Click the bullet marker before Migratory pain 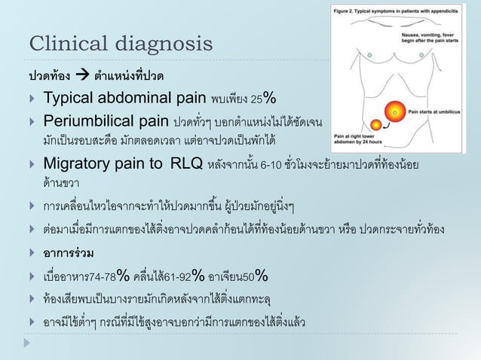32,165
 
